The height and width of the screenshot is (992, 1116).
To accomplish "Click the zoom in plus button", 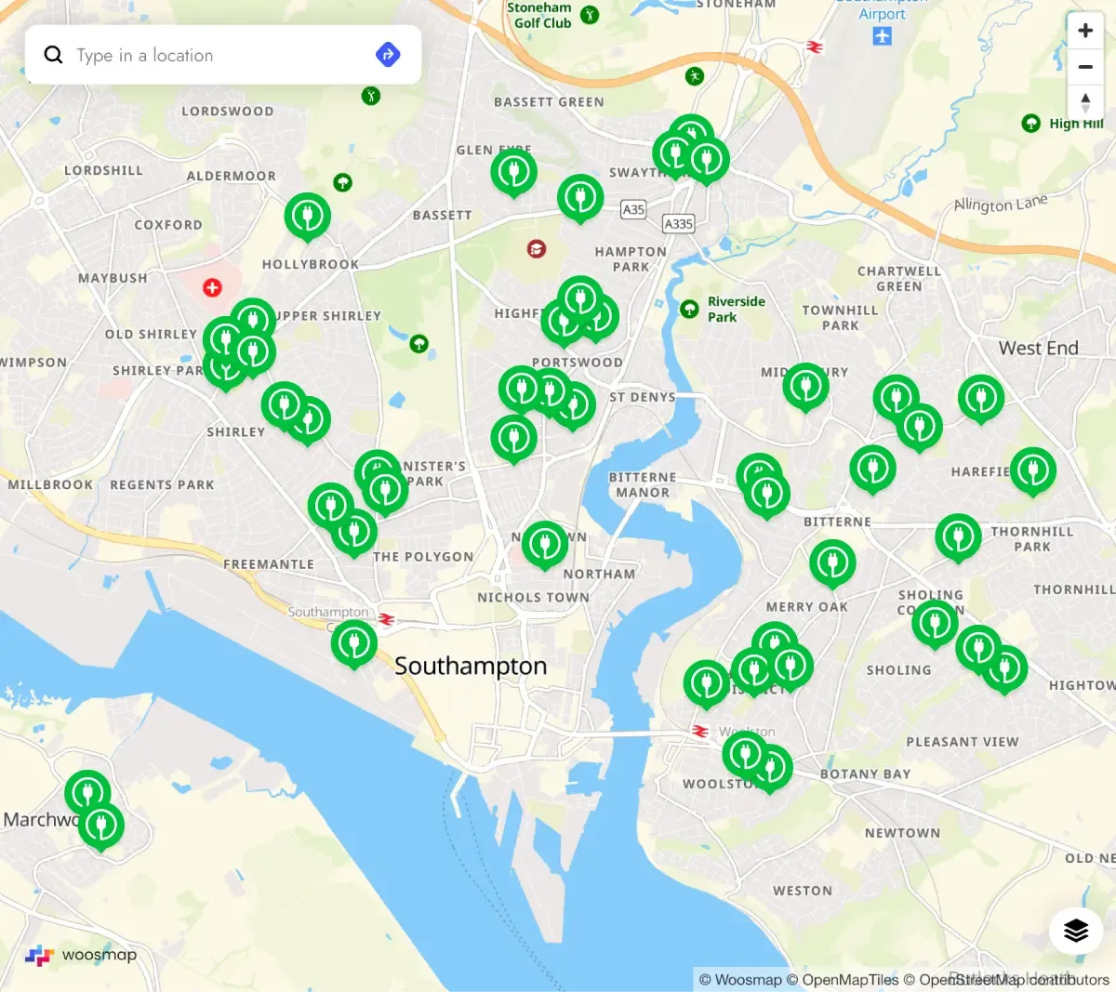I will coord(1084,31).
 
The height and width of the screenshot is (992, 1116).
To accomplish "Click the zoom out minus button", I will coord(1084,67).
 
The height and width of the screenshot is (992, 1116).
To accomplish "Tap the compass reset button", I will coord(1084,102).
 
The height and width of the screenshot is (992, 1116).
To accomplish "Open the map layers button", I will coord(1075,930).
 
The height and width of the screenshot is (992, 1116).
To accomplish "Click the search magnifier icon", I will coord(54,55).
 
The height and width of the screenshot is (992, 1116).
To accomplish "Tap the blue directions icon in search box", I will coord(388,55).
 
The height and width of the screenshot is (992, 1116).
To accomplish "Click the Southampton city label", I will coord(471,667).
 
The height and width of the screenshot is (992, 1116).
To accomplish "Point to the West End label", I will coord(1038,349).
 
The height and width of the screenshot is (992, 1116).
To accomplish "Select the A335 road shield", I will coord(678,224).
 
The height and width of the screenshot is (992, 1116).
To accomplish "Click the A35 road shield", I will coord(633,210).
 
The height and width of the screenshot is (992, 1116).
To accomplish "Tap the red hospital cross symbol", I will coord(212,287).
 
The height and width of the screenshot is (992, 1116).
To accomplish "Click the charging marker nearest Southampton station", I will coord(353,642).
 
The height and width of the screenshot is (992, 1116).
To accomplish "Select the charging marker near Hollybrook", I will coord(307,216).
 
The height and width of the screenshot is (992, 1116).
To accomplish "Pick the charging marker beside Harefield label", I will coord(1032,470).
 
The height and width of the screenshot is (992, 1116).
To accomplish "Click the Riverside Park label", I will coord(736,309).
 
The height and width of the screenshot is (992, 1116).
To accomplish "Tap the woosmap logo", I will coord(81,955).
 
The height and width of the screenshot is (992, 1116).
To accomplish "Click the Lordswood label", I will coord(227,112).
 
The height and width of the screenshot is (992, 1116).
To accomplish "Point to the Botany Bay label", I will coord(865,774).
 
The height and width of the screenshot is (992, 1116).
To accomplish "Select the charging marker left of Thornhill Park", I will coord(958,536).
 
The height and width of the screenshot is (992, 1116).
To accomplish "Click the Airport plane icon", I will coord(882,36).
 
